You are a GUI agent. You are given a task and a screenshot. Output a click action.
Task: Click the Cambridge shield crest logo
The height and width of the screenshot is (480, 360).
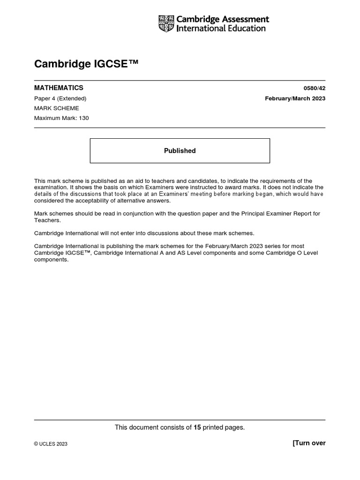(166, 23)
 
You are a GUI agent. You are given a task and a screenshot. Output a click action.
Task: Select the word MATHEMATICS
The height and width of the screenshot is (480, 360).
(59, 88)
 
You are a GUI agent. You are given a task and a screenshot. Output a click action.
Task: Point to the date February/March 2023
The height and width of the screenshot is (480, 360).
(295, 98)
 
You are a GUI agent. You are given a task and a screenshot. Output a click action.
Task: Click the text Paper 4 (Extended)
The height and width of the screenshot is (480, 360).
(60, 98)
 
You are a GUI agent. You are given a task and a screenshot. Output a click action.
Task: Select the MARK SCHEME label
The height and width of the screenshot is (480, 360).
(57, 108)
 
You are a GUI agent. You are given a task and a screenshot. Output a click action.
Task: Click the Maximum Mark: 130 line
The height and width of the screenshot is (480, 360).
(61, 118)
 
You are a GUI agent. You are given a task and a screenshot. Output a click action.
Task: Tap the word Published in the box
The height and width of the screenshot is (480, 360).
(180, 151)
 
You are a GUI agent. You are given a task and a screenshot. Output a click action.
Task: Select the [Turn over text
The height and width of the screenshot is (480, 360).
(309, 443)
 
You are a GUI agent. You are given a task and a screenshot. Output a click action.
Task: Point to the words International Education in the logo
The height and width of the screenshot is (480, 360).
(221, 28)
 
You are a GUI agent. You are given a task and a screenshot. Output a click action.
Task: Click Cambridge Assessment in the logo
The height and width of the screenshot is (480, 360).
(223, 19)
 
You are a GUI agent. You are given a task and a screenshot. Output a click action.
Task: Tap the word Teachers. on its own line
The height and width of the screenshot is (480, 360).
(46, 220)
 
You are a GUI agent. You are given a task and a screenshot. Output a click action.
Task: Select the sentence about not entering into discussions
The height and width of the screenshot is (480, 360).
(144, 233)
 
